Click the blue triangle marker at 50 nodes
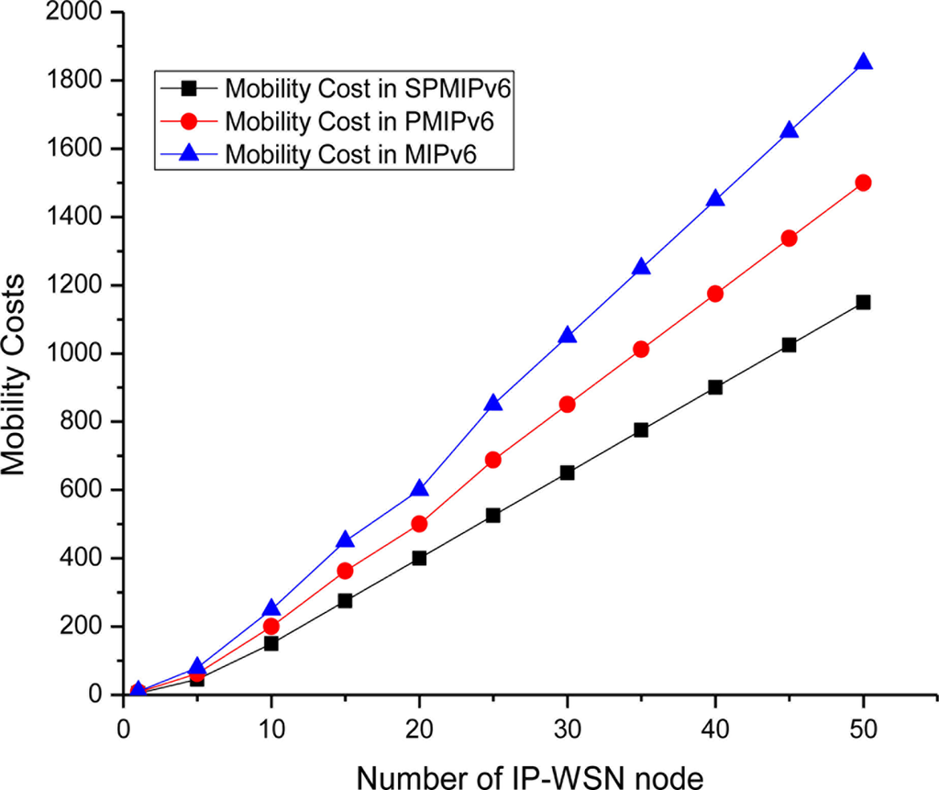coord(862,63)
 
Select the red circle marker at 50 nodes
coord(862,183)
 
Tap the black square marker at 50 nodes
coord(862,302)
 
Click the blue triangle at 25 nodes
coord(493,405)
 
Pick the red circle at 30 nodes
coord(567,404)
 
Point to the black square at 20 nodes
coord(419,558)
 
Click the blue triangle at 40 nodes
coord(714,200)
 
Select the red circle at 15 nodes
coord(345,571)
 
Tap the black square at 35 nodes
coord(641,429)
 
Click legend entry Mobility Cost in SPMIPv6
coord(330,91)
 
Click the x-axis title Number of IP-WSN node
coord(530,775)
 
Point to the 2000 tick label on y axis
coord(78,12)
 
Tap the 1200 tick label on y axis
coord(78,285)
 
